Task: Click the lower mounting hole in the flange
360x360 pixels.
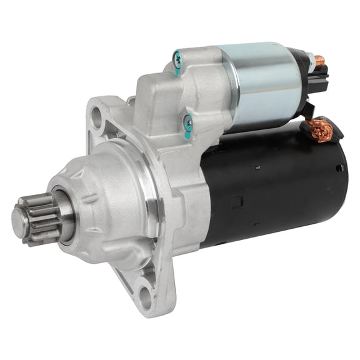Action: click(x=145, y=288)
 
